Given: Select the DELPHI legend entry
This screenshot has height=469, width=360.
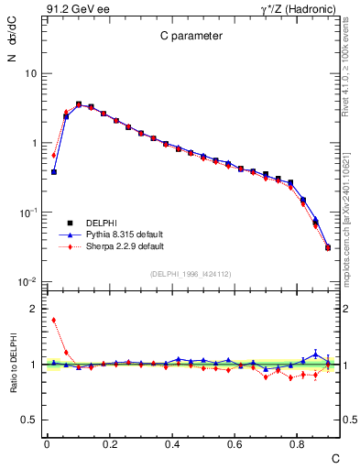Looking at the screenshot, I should click(x=101, y=223).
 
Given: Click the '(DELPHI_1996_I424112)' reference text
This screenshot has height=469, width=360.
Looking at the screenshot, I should click(x=191, y=274).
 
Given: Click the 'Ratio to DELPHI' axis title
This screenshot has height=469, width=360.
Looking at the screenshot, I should click(x=12, y=365).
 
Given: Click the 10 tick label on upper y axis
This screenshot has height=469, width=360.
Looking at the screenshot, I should click(x=30, y=73).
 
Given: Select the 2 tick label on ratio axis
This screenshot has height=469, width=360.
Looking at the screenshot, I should click(x=34, y=310).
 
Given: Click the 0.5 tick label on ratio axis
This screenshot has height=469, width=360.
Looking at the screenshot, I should click(x=30, y=420).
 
